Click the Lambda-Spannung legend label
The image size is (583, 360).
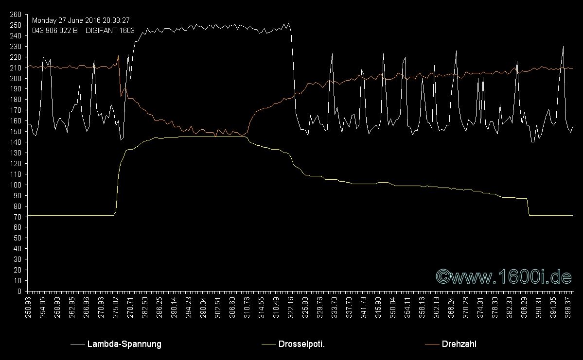(124, 344)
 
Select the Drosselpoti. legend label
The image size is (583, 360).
(301, 344)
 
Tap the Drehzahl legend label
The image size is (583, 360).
(459, 344)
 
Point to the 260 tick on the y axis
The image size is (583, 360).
(16, 15)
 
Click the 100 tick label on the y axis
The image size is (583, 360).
(16, 185)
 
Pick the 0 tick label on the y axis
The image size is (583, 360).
(19, 291)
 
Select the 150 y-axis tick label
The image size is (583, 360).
(16, 132)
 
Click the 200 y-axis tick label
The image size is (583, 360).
(16, 79)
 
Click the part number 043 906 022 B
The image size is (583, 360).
(54, 30)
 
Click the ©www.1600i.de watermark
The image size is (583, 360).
(503, 276)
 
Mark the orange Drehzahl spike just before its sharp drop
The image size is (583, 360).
(118, 56)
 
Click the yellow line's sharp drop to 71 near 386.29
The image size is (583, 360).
(528, 206)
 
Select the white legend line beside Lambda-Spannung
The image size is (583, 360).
(77, 344)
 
